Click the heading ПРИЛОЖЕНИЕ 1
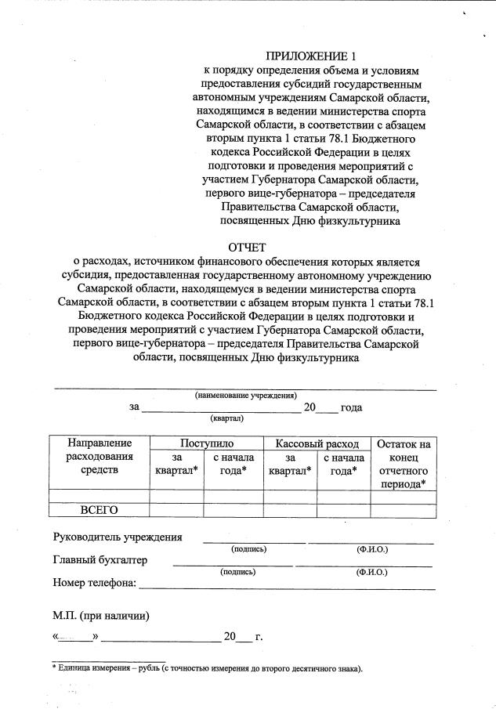pyautogui.click(x=310, y=56)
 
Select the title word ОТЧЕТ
pyautogui.click(x=247, y=248)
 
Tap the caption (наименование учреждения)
pyautogui.click(x=245, y=396)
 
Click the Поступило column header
pyautogui.click(x=206, y=444)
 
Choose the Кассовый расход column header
pyautogui.click(x=317, y=444)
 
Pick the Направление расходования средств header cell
pyautogui.click(x=100, y=457)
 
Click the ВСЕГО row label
pyautogui.click(x=100, y=511)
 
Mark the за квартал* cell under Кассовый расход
pyautogui.click(x=290, y=464)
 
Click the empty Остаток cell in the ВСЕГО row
pyautogui.click(x=403, y=511)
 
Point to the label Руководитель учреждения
pyautogui.click(x=118, y=537)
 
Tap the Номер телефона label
pyautogui.click(x=94, y=583)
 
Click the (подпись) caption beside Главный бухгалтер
pyautogui.click(x=237, y=572)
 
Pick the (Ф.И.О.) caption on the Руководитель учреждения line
pyautogui.click(x=371, y=549)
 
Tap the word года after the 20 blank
pyautogui.click(x=351, y=407)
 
